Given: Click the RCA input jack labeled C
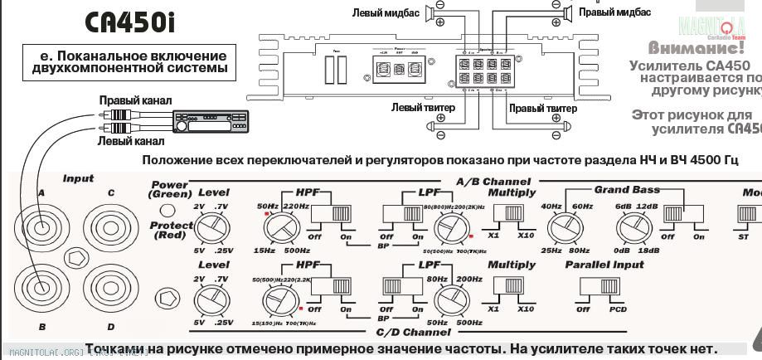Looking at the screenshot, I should click(x=110, y=225).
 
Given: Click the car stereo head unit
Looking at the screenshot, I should click(x=210, y=122).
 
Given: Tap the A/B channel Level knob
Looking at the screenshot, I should click(x=211, y=226).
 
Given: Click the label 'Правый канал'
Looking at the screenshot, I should click(x=135, y=100).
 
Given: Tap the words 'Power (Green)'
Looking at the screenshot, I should click(x=170, y=189).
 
